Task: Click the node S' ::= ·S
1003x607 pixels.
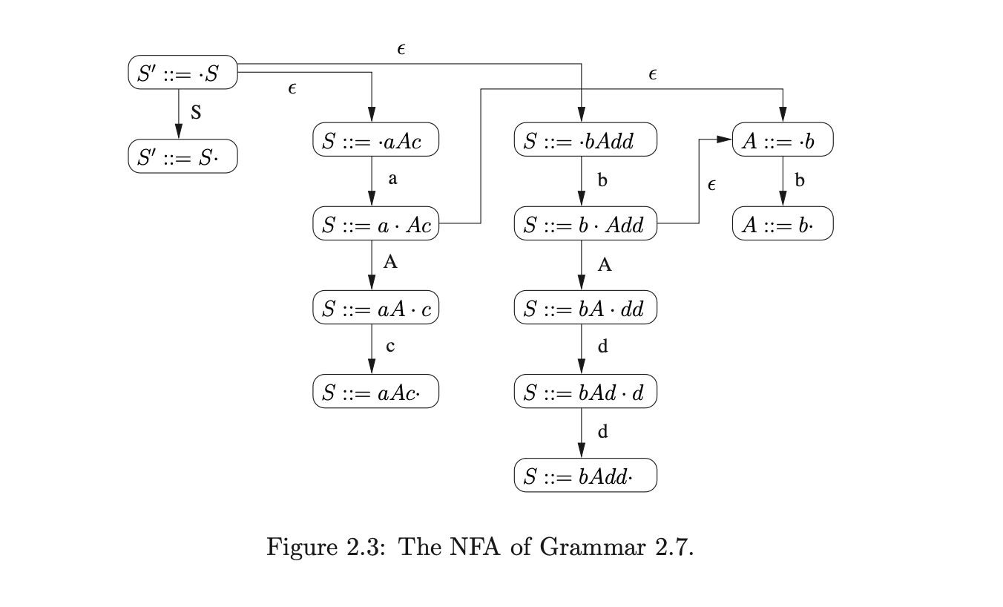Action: (x=182, y=72)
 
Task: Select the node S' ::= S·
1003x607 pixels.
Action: (x=182, y=157)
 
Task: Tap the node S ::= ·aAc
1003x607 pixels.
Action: (x=375, y=141)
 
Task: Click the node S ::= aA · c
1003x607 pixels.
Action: (x=375, y=309)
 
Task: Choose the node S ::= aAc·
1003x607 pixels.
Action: (x=375, y=392)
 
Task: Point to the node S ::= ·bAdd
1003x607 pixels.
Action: (x=585, y=141)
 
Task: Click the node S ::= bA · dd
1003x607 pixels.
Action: (x=585, y=309)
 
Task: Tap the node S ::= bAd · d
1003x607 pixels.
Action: (x=585, y=392)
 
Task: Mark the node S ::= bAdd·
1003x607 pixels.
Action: (x=585, y=476)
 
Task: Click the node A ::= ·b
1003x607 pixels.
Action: (x=783, y=141)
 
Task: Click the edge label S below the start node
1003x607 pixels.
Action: (x=196, y=114)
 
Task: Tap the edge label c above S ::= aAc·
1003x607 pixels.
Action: (x=389, y=346)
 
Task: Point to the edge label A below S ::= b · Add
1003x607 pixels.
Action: (x=605, y=265)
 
